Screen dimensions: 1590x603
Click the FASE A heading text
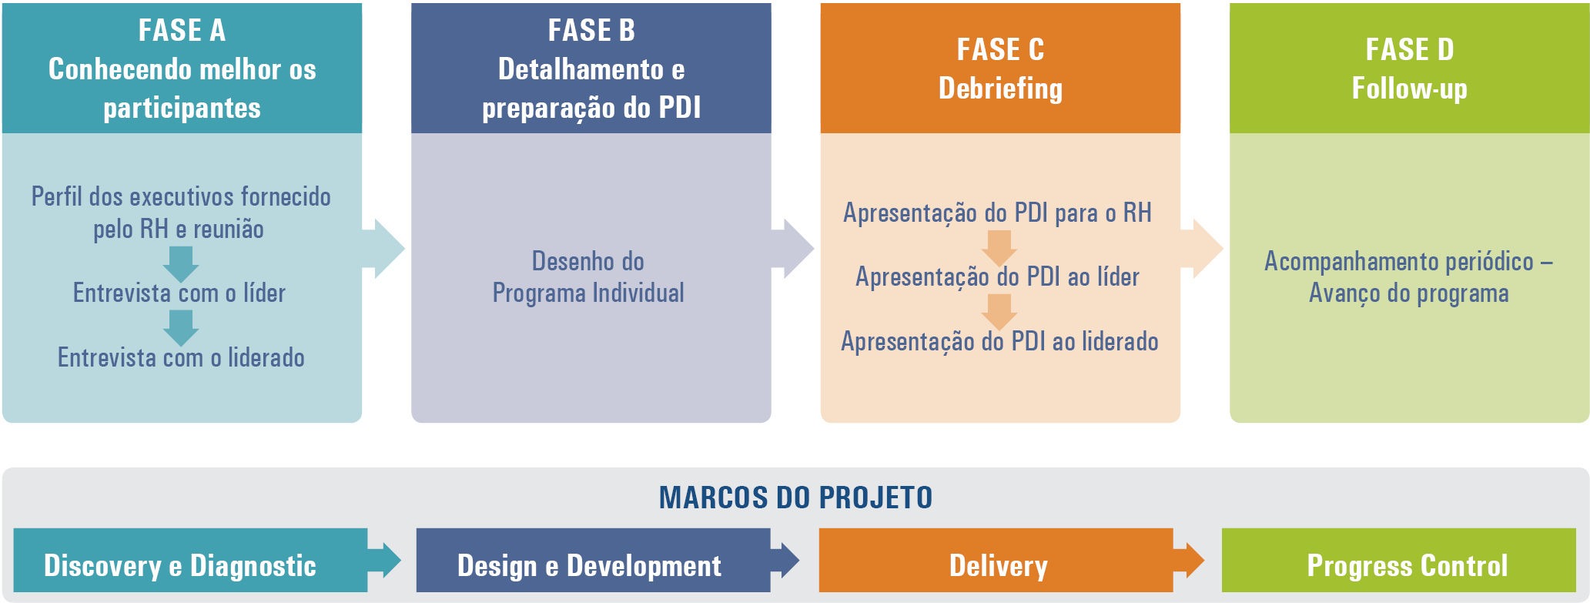click(x=182, y=31)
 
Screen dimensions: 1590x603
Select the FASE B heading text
click(x=591, y=31)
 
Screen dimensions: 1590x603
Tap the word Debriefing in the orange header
click(x=1000, y=89)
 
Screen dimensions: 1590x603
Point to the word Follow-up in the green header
click(x=1409, y=89)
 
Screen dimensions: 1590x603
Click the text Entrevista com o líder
click(x=179, y=293)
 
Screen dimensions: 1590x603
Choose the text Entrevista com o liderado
click(x=181, y=357)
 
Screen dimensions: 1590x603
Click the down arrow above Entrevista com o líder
click(x=181, y=264)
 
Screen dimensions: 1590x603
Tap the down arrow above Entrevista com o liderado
click(x=181, y=328)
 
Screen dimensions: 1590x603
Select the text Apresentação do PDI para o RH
click(x=997, y=213)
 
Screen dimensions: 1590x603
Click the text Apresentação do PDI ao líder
click(x=997, y=276)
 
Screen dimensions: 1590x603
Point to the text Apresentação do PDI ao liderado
click(x=999, y=341)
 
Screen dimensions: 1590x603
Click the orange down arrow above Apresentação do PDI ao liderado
click(x=999, y=312)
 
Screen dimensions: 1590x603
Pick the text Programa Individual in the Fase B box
click(x=588, y=293)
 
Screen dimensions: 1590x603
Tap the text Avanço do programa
click(x=1409, y=293)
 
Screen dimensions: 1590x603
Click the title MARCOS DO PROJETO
click(x=795, y=497)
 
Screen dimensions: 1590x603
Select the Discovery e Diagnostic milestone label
click(x=180, y=566)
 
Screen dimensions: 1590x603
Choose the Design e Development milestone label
click(x=589, y=566)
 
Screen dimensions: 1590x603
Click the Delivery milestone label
click(x=999, y=566)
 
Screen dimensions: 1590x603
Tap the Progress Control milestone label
click(x=1408, y=566)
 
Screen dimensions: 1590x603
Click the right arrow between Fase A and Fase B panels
click(x=383, y=248)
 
